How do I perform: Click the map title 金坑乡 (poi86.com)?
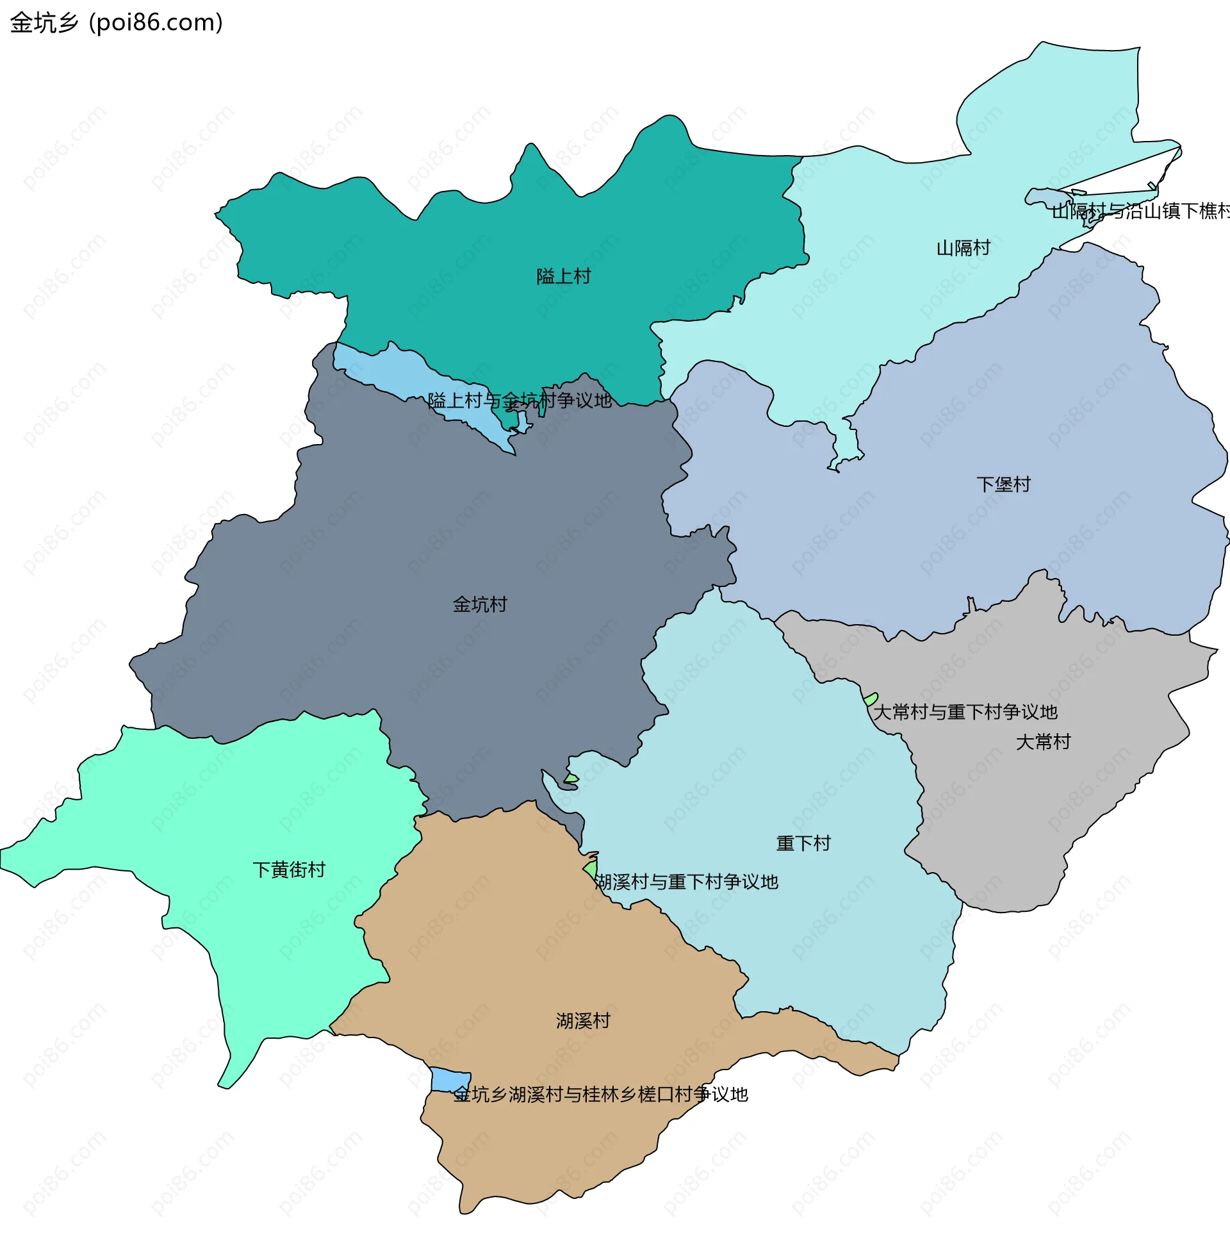(x=117, y=22)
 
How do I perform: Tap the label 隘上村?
(x=563, y=277)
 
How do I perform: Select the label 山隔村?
(x=963, y=248)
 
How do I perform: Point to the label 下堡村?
(x=1003, y=484)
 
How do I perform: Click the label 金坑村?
(x=479, y=605)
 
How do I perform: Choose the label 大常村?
(x=1043, y=741)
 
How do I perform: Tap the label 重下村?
(x=803, y=843)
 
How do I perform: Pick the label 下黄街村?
(x=289, y=870)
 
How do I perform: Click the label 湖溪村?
(x=583, y=1021)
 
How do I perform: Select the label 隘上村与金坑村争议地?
(x=520, y=401)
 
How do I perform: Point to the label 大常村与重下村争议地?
(x=965, y=712)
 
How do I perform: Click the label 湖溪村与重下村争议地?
(x=686, y=882)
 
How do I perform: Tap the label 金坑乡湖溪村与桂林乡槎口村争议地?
(x=600, y=1095)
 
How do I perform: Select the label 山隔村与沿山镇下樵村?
(x=1140, y=211)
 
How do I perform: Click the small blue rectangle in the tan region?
(x=450, y=1080)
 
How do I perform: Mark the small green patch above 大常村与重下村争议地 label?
(x=870, y=699)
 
